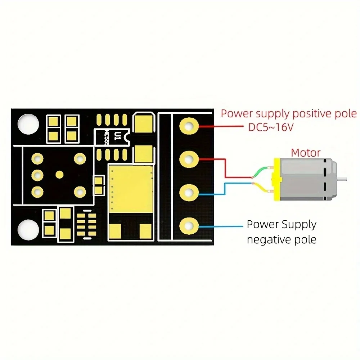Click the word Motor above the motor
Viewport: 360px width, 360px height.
pyautogui.click(x=306, y=152)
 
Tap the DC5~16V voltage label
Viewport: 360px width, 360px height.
pyautogui.click(x=270, y=127)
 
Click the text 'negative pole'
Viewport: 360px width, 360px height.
pyautogui.click(x=282, y=239)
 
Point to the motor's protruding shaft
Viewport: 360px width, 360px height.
pyautogui.click(x=343, y=179)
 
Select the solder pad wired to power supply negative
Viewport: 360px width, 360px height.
pyautogui.click(x=189, y=226)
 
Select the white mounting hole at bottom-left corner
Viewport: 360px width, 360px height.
pyautogui.click(x=28, y=229)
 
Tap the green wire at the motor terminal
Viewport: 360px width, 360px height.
pyautogui.click(x=261, y=172)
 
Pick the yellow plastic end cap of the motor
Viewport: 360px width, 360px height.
pyautogui.click(x=276, y=179)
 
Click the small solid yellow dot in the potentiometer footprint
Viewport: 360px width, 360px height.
pyautogui.click(x=59, y=175)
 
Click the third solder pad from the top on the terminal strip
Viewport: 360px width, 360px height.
pyautogui.click(x=189, y=192)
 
